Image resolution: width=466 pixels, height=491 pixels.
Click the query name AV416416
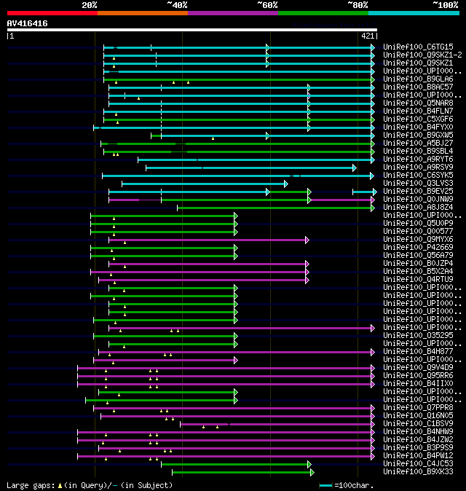[27, 23]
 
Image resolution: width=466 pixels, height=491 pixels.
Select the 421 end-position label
[367, 35]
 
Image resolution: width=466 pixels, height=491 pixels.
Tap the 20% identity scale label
[90, 5]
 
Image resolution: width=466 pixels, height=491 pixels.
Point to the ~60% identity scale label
[267, 5]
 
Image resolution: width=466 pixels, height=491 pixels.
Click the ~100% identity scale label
[445, 5]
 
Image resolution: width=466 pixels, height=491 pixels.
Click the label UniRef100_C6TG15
[418, 47]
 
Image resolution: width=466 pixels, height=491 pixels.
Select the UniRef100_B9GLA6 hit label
[418, 79]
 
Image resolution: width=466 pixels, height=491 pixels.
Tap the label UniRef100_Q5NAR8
[418, 103]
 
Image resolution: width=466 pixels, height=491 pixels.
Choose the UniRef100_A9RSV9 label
[418, 167]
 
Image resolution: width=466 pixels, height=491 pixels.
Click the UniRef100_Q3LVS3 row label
[418, 183]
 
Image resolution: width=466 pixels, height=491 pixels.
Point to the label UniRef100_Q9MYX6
[418, 239]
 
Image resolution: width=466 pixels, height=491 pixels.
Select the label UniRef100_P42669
[418, 247]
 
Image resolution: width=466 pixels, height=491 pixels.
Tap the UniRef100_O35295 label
[418, 335]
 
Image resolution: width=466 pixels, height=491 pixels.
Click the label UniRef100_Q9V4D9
[418, 367]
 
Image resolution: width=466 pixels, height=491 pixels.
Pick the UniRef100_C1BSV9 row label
[418, 423]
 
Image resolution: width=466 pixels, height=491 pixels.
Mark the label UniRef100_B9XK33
[418, 471]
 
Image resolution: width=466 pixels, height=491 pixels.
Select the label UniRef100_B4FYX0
[418, 127]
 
